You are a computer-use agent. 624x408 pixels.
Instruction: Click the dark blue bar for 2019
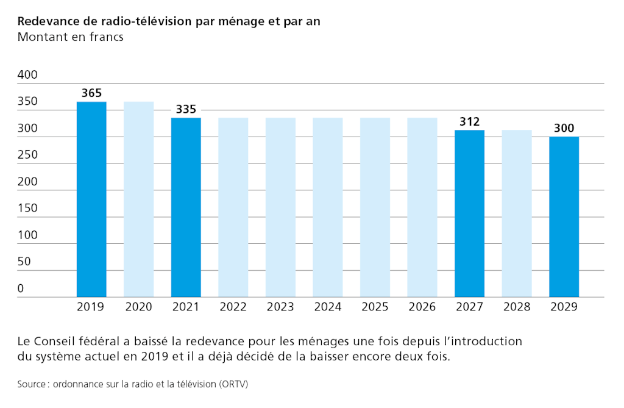coord(91,199)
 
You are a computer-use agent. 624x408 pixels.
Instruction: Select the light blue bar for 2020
coord(139,199)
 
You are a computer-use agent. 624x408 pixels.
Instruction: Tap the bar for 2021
coord(186,207)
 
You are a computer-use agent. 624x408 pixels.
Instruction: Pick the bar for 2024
coord(328,207)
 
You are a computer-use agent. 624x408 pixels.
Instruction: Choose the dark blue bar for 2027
coord(470,213)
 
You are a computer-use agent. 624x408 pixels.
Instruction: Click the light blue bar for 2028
coord(517,213)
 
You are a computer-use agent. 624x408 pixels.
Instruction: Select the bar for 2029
coord(564,217)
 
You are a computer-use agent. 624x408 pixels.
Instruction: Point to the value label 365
coord(91,93)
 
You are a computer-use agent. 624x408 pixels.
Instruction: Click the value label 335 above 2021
coord(186,110)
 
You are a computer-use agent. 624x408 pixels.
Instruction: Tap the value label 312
coord(470,122)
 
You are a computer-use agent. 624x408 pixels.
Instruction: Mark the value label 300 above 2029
coord(564,129)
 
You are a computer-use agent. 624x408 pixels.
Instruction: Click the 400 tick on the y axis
coord(27,75)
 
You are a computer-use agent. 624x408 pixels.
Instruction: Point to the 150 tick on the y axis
coord(27,208)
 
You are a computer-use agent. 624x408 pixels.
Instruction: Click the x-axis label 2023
coord(280,307)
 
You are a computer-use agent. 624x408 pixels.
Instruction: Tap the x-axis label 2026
coord(422,307)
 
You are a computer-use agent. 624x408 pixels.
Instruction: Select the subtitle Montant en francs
coord(71,37)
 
